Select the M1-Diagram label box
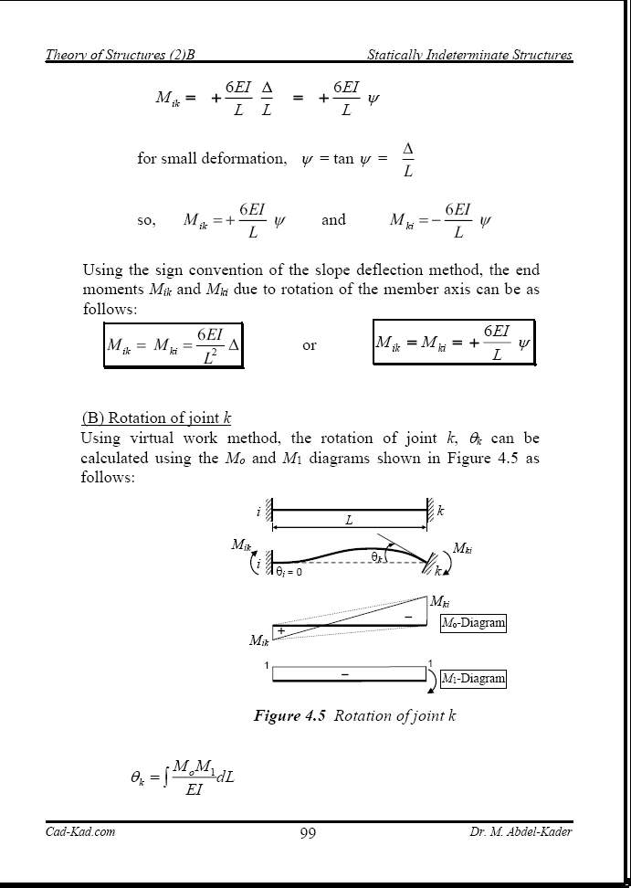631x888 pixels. (472, 679)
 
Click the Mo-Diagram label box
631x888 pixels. (472, 623)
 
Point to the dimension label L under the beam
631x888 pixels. (349, 520)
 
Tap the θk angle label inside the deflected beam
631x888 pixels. (375, 556)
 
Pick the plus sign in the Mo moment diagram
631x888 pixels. (281, 630)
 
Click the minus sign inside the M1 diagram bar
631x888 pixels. (345, 674)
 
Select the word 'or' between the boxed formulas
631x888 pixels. (310, 345)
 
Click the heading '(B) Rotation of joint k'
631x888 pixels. (156, 418)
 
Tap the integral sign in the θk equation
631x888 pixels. (166, 779)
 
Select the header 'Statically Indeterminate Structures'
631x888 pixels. (469, 55)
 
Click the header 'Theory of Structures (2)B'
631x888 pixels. (121, 55)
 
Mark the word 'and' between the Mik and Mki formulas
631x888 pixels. (333, 219)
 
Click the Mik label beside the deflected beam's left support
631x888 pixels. (240, 545)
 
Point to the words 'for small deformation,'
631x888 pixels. (212, 158)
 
